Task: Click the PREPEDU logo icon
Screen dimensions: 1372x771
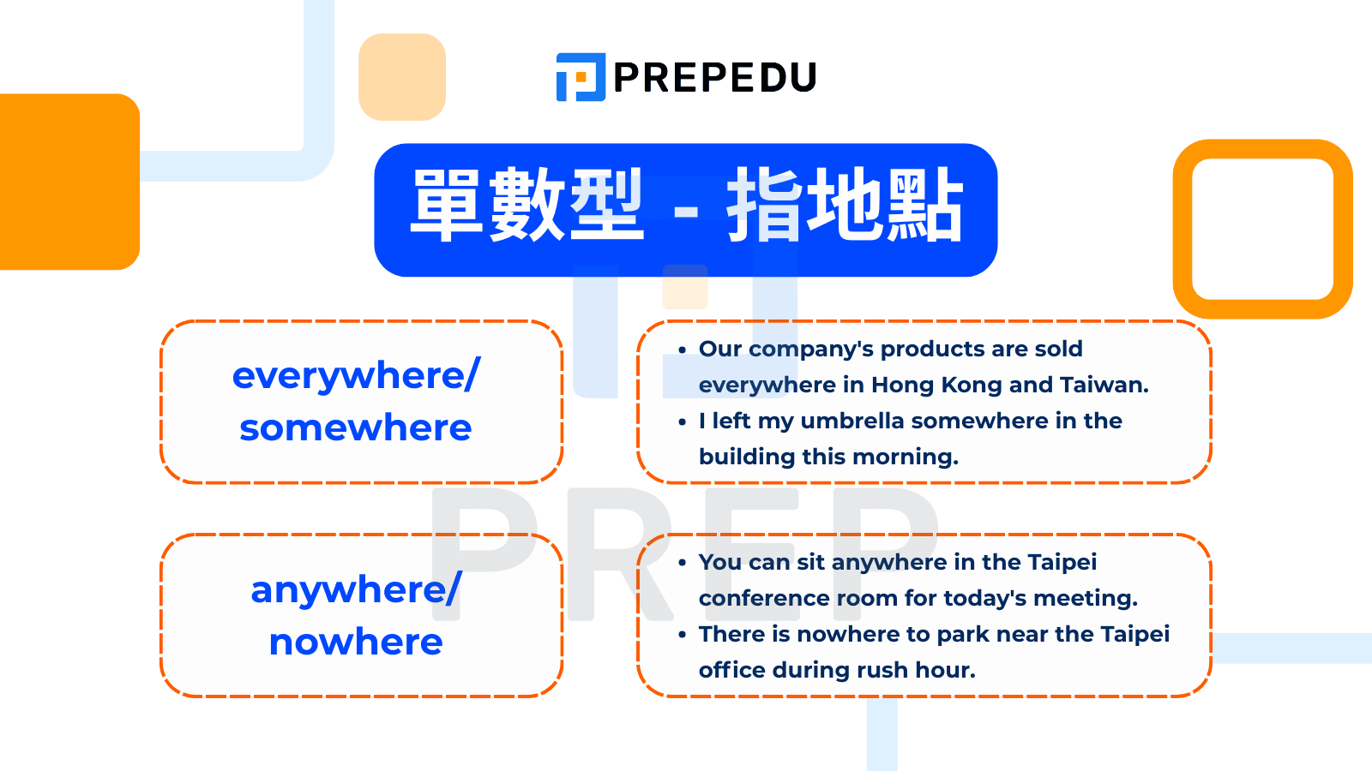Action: (581, 77)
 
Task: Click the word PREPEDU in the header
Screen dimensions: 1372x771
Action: (715, 78)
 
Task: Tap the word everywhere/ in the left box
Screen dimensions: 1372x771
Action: (357, 375)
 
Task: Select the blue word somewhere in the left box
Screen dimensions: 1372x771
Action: (356, 427)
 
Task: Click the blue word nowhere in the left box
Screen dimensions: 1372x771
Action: (356, 642)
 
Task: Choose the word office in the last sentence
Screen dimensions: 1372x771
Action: (732, 670)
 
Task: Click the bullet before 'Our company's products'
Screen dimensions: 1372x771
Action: (683, 350)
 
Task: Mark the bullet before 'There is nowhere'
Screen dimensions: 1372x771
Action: (683, 635)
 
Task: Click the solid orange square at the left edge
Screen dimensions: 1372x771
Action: (69, 182)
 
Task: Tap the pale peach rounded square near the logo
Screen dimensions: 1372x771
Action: (402, 77)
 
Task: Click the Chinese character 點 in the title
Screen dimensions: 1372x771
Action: (926, 205)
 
